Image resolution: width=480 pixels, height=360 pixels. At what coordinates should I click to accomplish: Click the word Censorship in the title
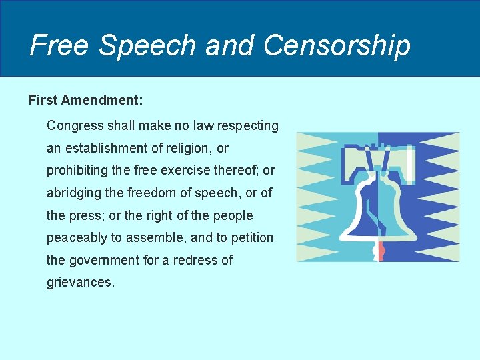click(x=337, y=45)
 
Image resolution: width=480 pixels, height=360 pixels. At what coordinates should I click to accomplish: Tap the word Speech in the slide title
click(x=148, y=45)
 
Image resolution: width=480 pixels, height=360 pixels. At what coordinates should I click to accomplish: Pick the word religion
click(x=191, y=148)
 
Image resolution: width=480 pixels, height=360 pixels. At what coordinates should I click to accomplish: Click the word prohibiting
click(x=76, y=171)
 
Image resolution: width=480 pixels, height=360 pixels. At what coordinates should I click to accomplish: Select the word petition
click(x=251, y=238)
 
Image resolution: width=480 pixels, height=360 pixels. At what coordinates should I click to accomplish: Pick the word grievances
click(x=81, y=283)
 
